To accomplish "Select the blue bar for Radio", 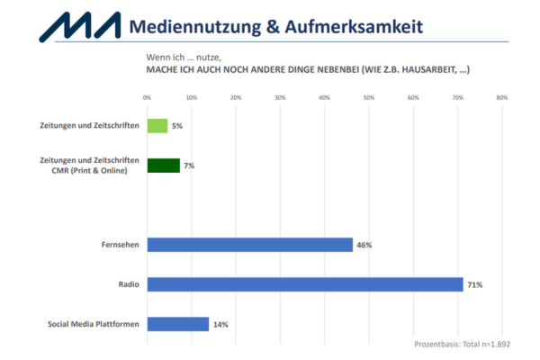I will [x=304, y=284].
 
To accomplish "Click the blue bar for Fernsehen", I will [x=249, y=245].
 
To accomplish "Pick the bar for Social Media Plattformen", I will [x=177, y=324].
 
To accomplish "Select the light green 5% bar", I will [x=157, y=126].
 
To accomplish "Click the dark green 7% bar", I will [x=163, y=166].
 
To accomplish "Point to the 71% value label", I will [x=474, y=284].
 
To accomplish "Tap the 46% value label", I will [x=364, y=245].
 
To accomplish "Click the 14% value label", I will [x=220, y=324].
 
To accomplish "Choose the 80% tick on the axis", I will [x=502, y=97].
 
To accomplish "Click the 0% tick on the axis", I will [x=147, y=97].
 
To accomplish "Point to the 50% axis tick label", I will [x=369, y=97].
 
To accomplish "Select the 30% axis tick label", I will [x=280, y=97].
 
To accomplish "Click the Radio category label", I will [x=129, y=284].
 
